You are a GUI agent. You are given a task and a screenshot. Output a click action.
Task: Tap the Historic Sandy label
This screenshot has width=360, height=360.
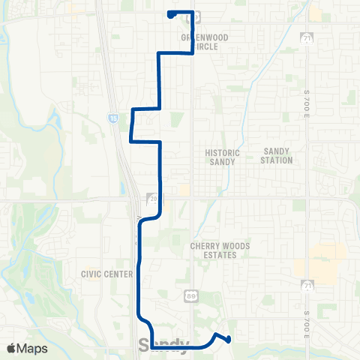coord(223,157)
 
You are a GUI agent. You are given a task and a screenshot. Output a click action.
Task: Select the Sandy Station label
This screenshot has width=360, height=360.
coord(277,155)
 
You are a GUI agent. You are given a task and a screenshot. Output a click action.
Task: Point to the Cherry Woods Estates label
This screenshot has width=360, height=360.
coord(214,250)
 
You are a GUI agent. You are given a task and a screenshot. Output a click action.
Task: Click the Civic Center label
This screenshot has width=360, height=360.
coord(106,274)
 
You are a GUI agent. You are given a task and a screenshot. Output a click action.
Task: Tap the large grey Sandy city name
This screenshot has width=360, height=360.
coord(163,345)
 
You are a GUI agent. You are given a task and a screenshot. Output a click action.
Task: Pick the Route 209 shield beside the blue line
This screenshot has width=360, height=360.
coord(153,199)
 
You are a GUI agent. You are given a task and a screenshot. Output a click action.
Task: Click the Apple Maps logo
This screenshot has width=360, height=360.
coord(27,348)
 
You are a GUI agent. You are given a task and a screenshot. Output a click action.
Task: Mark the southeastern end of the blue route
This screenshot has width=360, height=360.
coord(228,340)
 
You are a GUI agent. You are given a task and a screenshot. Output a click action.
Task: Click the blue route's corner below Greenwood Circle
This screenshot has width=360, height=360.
coord(193,52)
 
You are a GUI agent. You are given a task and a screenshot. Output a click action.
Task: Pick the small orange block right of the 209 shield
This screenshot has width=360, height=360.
coord(184,190)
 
